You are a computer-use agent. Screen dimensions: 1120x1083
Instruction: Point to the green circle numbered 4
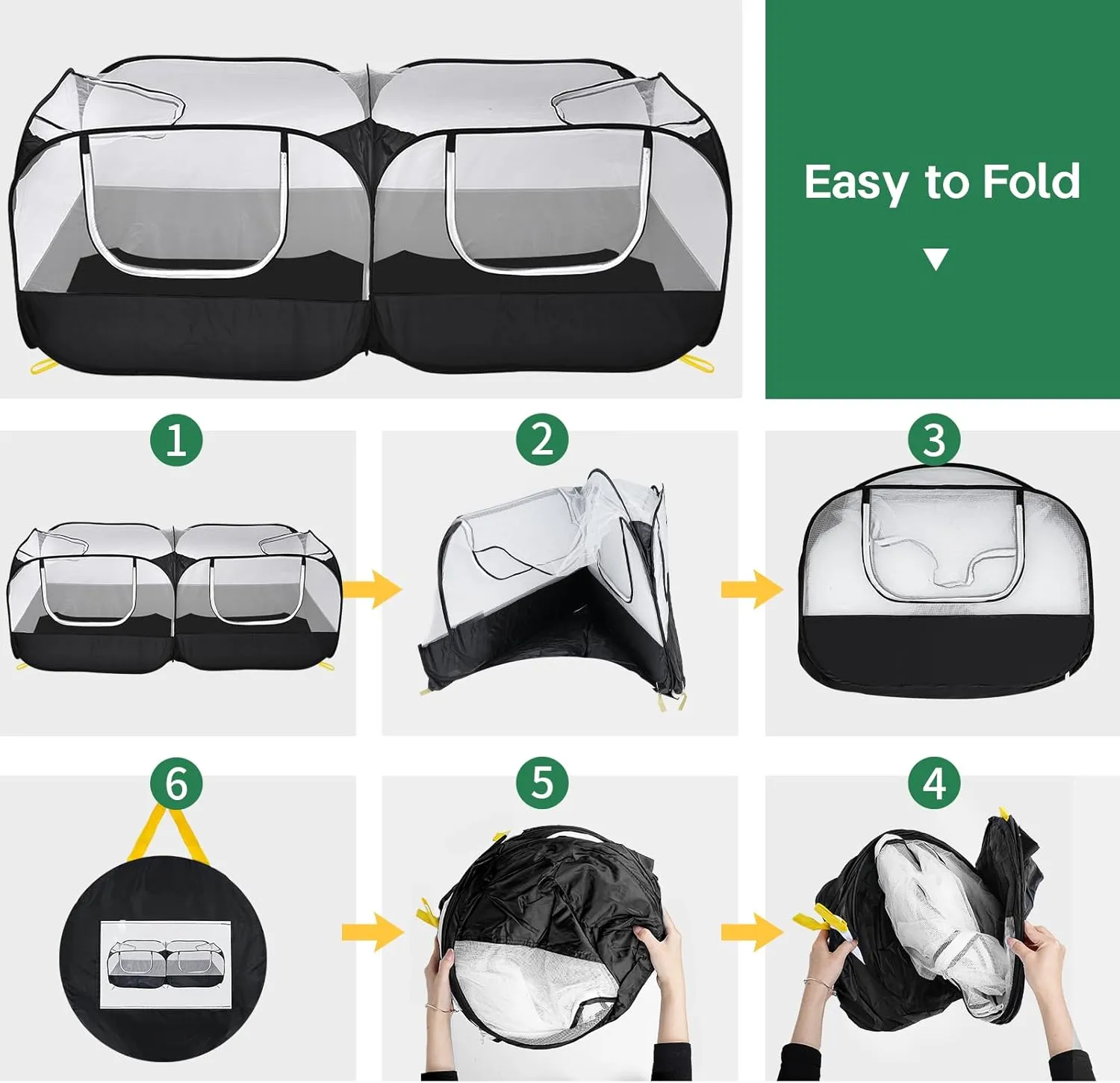tap(935, 784)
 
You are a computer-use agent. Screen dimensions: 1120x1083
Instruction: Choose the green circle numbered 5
tap(542, 784)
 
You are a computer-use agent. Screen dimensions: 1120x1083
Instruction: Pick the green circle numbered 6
tap(176, 784)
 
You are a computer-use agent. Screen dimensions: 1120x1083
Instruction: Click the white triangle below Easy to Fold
tap(936, 258)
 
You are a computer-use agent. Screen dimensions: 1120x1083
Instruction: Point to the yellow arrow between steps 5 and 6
tap(373, 931)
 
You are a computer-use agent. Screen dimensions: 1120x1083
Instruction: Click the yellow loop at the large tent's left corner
tap(44, 365)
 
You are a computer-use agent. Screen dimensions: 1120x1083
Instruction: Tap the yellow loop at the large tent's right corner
tap(699, 362)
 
